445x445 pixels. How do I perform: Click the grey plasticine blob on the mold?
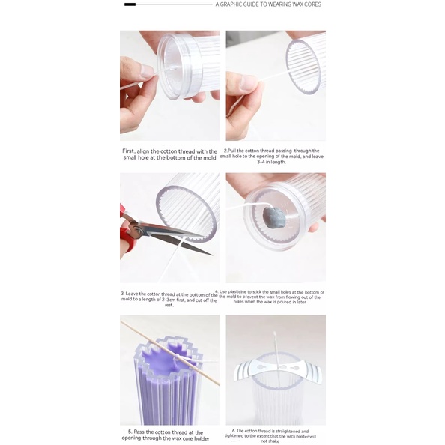(274, 217)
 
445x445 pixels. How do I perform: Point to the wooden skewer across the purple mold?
(170, 353)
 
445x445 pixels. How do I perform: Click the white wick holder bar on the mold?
(277, 369)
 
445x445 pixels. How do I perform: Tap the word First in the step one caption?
(129, 151)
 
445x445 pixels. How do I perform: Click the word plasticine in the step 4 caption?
(237, 291)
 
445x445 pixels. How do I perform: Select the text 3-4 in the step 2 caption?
(261, 162)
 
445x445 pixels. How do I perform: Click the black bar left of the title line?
(130, 4)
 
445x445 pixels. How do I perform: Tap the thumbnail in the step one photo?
(148, 71)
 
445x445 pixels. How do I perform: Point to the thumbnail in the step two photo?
(249, 82)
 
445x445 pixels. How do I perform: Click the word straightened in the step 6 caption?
(284, 431)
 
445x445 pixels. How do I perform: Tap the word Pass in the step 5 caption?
(139, 432)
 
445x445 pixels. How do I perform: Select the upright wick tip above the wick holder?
(274, 333)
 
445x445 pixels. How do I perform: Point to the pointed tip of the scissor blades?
(211, 254)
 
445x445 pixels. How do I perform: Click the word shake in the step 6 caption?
(274, 441)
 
